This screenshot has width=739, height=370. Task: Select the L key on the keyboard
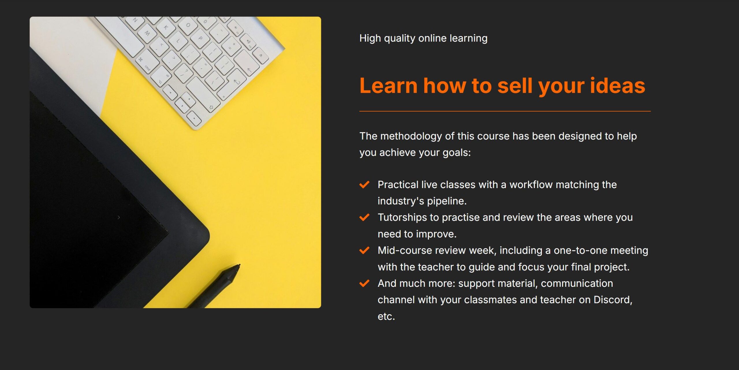click(x=178, y=41)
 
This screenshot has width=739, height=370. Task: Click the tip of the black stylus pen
click(x=239, y=265)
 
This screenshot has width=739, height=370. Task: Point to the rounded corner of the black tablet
click(x=207, y=234)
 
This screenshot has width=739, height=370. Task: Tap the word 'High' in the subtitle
click(x=370, y=38)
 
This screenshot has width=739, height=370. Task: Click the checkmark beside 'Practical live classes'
click(x=364, y=184)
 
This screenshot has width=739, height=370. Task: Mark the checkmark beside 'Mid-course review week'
click(x=364, y=250)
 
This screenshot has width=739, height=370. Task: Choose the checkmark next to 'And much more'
click(x=364, y=283)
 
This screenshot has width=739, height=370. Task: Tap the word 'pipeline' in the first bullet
click(x=445, y=201)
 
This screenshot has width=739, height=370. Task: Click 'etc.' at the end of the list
click(x=386, y=317)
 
